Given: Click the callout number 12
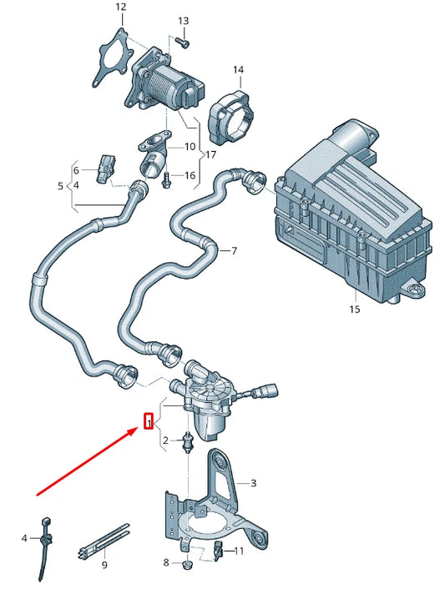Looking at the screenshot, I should coord(120,8).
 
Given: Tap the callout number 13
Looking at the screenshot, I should coord(184,21).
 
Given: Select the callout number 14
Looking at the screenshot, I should coord(239,69).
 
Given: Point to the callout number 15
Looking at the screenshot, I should coord(354,310).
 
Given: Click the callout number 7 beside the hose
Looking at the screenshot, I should coord(234,250).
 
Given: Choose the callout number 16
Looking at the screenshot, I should coord(190,175).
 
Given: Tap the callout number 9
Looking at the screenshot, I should coord(104,566).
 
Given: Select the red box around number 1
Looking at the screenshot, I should coord(149,423).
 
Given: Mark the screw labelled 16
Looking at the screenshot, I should coord(168,178).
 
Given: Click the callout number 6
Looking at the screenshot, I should coord(77,169).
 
